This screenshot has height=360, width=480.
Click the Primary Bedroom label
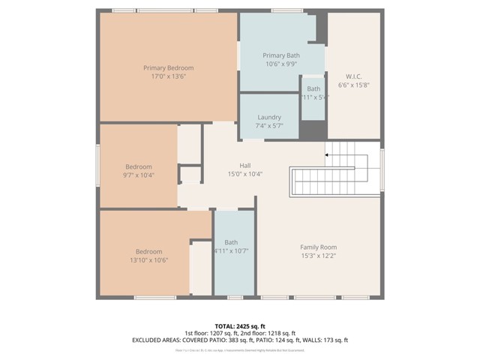click(x=169, y=67)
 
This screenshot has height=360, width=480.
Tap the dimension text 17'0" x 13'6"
click(x=169, y=76)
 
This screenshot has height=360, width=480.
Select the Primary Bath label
click(x=281, y=55)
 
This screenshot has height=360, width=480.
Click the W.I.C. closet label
click(x=354, y=76)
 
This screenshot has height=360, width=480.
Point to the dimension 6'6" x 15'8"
click(x=354, y=85)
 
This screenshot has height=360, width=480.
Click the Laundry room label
click(x=268, y=117)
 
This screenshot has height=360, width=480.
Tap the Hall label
click(x=244, y=165)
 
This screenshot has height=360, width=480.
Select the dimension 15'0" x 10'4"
click(x=244, y=174)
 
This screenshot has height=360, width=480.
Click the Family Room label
click(x=318, y=247)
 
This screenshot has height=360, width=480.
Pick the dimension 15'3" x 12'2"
click(x=318, y=256)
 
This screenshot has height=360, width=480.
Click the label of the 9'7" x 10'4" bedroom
click(x=139, y=166)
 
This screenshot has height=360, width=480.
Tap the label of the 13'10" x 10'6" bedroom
click(x=149, y=251)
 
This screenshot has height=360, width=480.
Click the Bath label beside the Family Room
click(x=231, y=242)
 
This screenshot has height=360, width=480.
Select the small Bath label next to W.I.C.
click(x=313, y=88)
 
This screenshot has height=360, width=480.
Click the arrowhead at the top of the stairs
click(x=327, y=155)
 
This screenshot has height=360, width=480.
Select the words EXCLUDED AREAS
click(x=160, y=340)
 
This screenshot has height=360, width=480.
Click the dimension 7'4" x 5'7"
click(x=268, y=126)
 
